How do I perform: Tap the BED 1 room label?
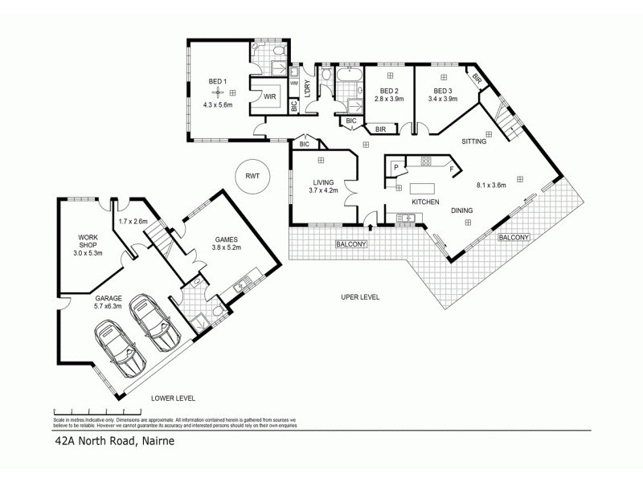[x=217, y=82]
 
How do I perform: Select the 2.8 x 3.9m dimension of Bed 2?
[x=389, y=100]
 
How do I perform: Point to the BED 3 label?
[x=443, y=91]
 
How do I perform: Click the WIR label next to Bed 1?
[x=270, y=96]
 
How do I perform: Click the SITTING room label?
[x=473, y=142]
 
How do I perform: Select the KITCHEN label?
[x=424, y=202]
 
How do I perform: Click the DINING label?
[x=461, y=210]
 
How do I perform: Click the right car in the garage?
[x=154, y=321]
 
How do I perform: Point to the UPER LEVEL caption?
[x=359, y=296]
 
